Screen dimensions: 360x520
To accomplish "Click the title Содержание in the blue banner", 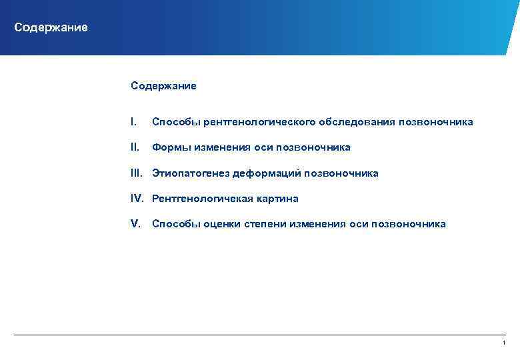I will (51, 28).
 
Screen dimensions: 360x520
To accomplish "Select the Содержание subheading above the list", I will (163, 86).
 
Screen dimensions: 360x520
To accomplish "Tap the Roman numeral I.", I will (134, 122).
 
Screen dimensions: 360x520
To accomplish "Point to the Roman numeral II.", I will (135, 147).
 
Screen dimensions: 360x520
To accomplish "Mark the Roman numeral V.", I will (136, 224).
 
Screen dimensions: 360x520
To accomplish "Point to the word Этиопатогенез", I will (190, 173).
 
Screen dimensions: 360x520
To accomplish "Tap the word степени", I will (264, 224).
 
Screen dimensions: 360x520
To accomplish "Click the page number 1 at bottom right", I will (504, 343).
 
